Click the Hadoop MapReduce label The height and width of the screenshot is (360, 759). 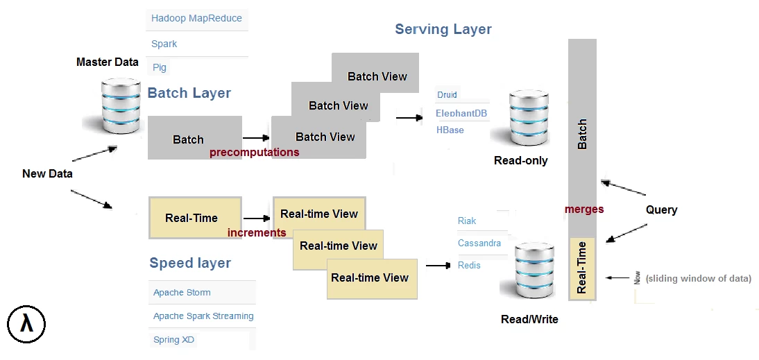click(196, 19)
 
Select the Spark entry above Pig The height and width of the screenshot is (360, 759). click(164, 44)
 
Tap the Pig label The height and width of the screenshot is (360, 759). click(160, 67)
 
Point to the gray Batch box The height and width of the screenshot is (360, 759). click(194, 137)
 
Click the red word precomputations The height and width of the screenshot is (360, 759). click(254, 153)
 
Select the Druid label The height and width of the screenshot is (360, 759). click(447, 95)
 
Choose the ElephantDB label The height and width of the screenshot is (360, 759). click(461, 114)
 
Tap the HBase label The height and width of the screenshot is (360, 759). click(450, 130)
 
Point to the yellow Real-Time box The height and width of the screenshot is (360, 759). click(195, 218)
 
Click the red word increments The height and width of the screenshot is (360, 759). click(257, 233)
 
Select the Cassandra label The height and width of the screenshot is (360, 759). click(479, 243)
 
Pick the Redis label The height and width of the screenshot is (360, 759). click(469, 266)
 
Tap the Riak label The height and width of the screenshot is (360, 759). click(467, 221)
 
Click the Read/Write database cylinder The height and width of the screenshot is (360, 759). click(534, 271)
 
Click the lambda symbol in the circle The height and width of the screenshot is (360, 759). click(26, 324)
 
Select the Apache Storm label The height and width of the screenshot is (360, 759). click(182, 293)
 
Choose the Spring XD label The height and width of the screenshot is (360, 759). click(173, 340)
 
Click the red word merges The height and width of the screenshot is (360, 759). click(584, 209)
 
